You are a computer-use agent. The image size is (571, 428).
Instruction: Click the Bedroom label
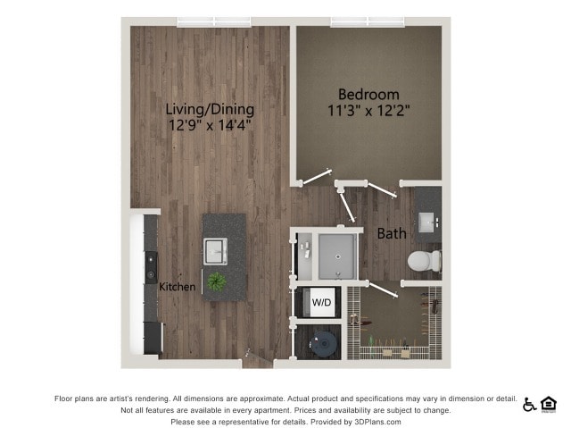point(368,95)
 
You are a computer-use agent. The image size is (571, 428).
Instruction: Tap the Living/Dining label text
point(210,109)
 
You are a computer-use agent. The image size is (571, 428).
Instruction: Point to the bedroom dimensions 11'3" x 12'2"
point(368,110)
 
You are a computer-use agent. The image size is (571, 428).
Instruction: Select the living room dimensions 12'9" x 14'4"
point(210,125)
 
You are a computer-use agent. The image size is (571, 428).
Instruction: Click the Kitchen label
point(178,287)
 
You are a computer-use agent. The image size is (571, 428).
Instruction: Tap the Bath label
point(392,234)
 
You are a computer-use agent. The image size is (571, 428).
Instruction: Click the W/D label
point(321,302)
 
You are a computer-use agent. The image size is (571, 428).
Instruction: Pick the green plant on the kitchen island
point(217,281)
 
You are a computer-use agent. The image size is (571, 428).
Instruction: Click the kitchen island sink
point(215,251)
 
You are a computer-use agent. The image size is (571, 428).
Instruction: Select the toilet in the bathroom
point(425,261)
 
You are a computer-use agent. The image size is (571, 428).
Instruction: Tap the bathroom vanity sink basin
point(426,222)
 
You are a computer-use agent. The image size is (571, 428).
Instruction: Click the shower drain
point(338,256)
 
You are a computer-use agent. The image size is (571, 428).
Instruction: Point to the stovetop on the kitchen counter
point(152,267)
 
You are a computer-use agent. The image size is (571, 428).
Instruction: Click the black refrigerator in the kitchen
point(153,338)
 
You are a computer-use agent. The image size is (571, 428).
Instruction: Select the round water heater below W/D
point(323,344)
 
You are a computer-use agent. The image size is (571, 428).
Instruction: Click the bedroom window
point(368,21)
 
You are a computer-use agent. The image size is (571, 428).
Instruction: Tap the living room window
point(214,21)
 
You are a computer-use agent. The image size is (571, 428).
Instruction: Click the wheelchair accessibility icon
point(529,405)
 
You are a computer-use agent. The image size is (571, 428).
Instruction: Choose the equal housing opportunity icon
point(549,405)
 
